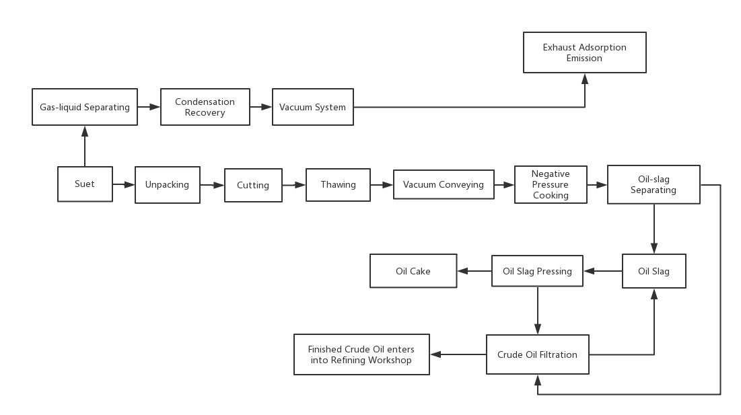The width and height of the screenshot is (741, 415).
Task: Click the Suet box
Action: tap(85, 184)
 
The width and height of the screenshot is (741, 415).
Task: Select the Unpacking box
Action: tap(168, 184)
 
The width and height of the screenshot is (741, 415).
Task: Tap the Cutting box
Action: tap(253, 185)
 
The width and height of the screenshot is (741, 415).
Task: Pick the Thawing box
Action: tap(338, 184)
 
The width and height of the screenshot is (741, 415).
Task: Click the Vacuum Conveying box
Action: tap(444, 184)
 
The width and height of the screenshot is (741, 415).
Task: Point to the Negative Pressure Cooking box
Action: tap(551, 184)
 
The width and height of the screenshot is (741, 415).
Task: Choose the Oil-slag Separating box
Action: tap(654, 184)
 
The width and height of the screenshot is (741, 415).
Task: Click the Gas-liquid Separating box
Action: tap(85, 107)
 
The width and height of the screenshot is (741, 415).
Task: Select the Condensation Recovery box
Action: tap(205, 107)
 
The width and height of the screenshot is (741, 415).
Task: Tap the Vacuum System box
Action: tap(313, 107)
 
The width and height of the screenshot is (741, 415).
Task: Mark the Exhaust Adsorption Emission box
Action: tap(585, 52)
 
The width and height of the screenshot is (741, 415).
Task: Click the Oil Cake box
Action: tap(413, 271)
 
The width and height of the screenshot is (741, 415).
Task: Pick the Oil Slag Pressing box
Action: tap(537, 271)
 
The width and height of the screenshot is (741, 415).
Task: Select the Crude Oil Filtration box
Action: tap(537, 354)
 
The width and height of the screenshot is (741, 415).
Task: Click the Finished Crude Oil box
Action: tap(361, 354)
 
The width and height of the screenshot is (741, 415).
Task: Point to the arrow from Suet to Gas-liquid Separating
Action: tap(85, 146)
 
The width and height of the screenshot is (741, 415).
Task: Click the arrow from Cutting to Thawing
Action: tap(294, 185)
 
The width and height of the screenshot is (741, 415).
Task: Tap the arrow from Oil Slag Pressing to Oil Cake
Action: tap(474, 271)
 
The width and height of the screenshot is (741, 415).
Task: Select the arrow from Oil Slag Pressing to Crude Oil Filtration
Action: tap(537, 311)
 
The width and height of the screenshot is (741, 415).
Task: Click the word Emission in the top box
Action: tap(584, 58)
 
